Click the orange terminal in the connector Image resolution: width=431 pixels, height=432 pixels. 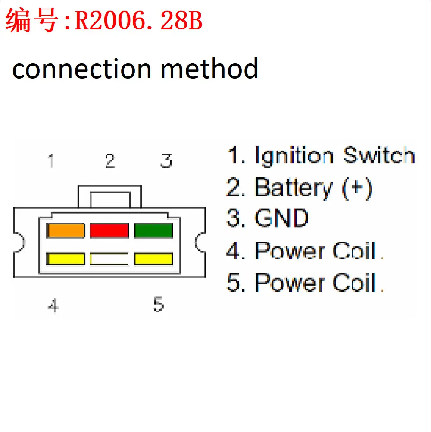tap(66, 230)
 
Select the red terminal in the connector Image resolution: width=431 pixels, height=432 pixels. tap(109, 230)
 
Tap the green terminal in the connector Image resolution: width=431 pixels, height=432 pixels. tap(153, 230)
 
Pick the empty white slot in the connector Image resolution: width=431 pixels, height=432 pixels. tap(109, 259)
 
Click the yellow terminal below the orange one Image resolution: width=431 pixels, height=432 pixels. tap(66, 259)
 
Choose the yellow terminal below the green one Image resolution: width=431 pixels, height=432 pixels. tap(153, 259)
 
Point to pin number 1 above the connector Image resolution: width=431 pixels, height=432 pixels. tap(50, 161)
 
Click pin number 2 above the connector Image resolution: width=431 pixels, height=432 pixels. tap(110, 161)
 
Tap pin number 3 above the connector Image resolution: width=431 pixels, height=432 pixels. tap(166, 161)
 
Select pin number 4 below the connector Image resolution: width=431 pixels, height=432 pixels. tap(53, 305)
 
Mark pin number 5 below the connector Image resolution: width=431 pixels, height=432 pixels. tap(159, 304)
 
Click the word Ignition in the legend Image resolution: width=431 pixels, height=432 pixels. tap(294, 156)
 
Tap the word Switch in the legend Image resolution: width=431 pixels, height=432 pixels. tap(379, 155)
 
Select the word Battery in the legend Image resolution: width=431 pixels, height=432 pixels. tap(294, 189)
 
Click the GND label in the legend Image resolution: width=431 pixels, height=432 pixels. tap(281, 218)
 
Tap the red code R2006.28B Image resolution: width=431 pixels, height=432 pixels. tap(138, 21)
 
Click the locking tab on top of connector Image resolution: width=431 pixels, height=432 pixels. tap(109, 196)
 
